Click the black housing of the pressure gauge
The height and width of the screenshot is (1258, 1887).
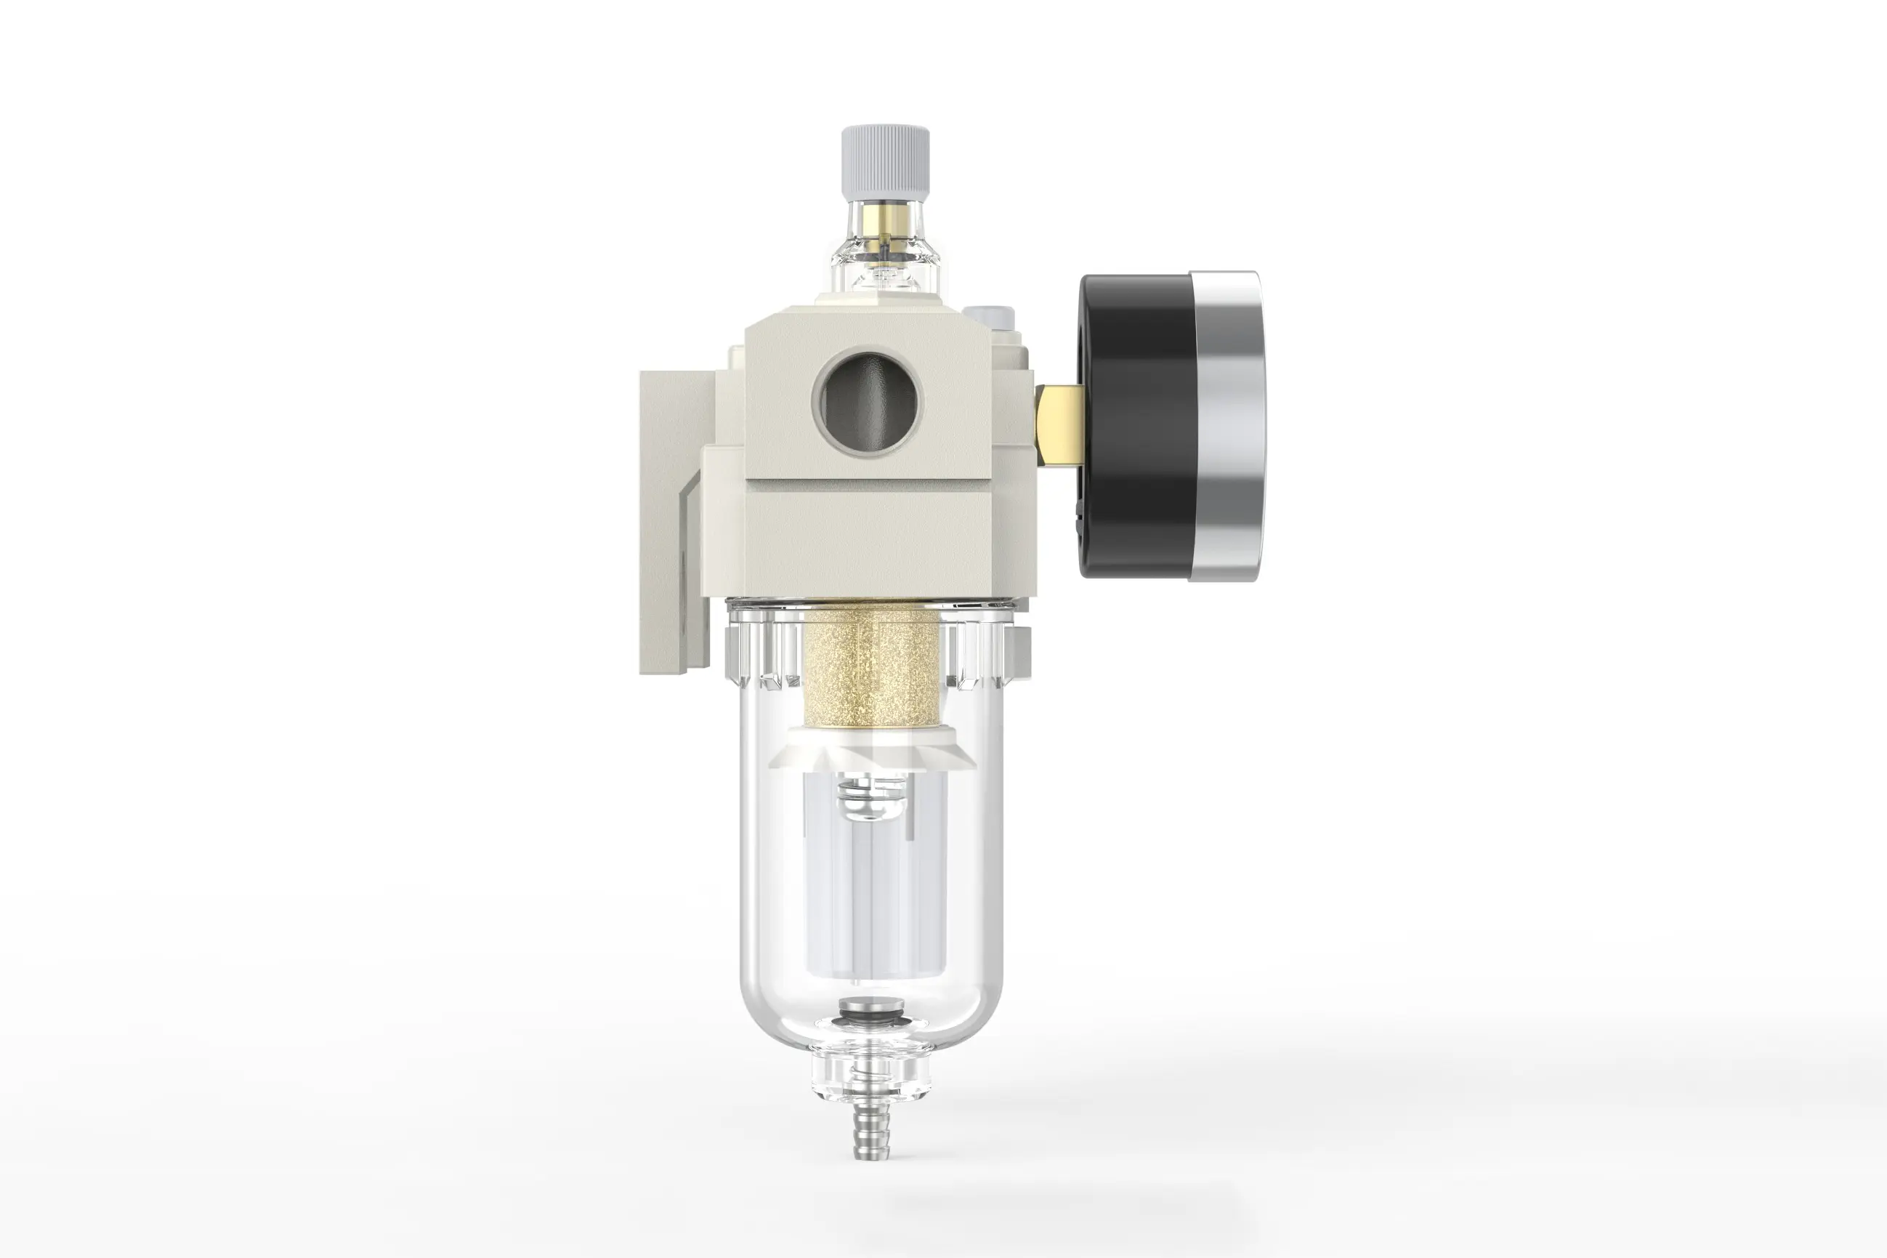coord(1135,425)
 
